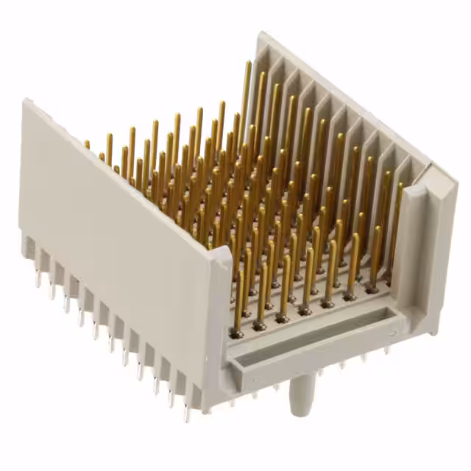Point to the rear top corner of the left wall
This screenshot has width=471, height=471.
pyautogui.click(x=28, y=102)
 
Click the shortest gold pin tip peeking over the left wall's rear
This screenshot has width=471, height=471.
pyautogui.click(x=87, y=144)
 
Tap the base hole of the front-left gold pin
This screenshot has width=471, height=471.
pyautogui.click(x=236, y=333)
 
